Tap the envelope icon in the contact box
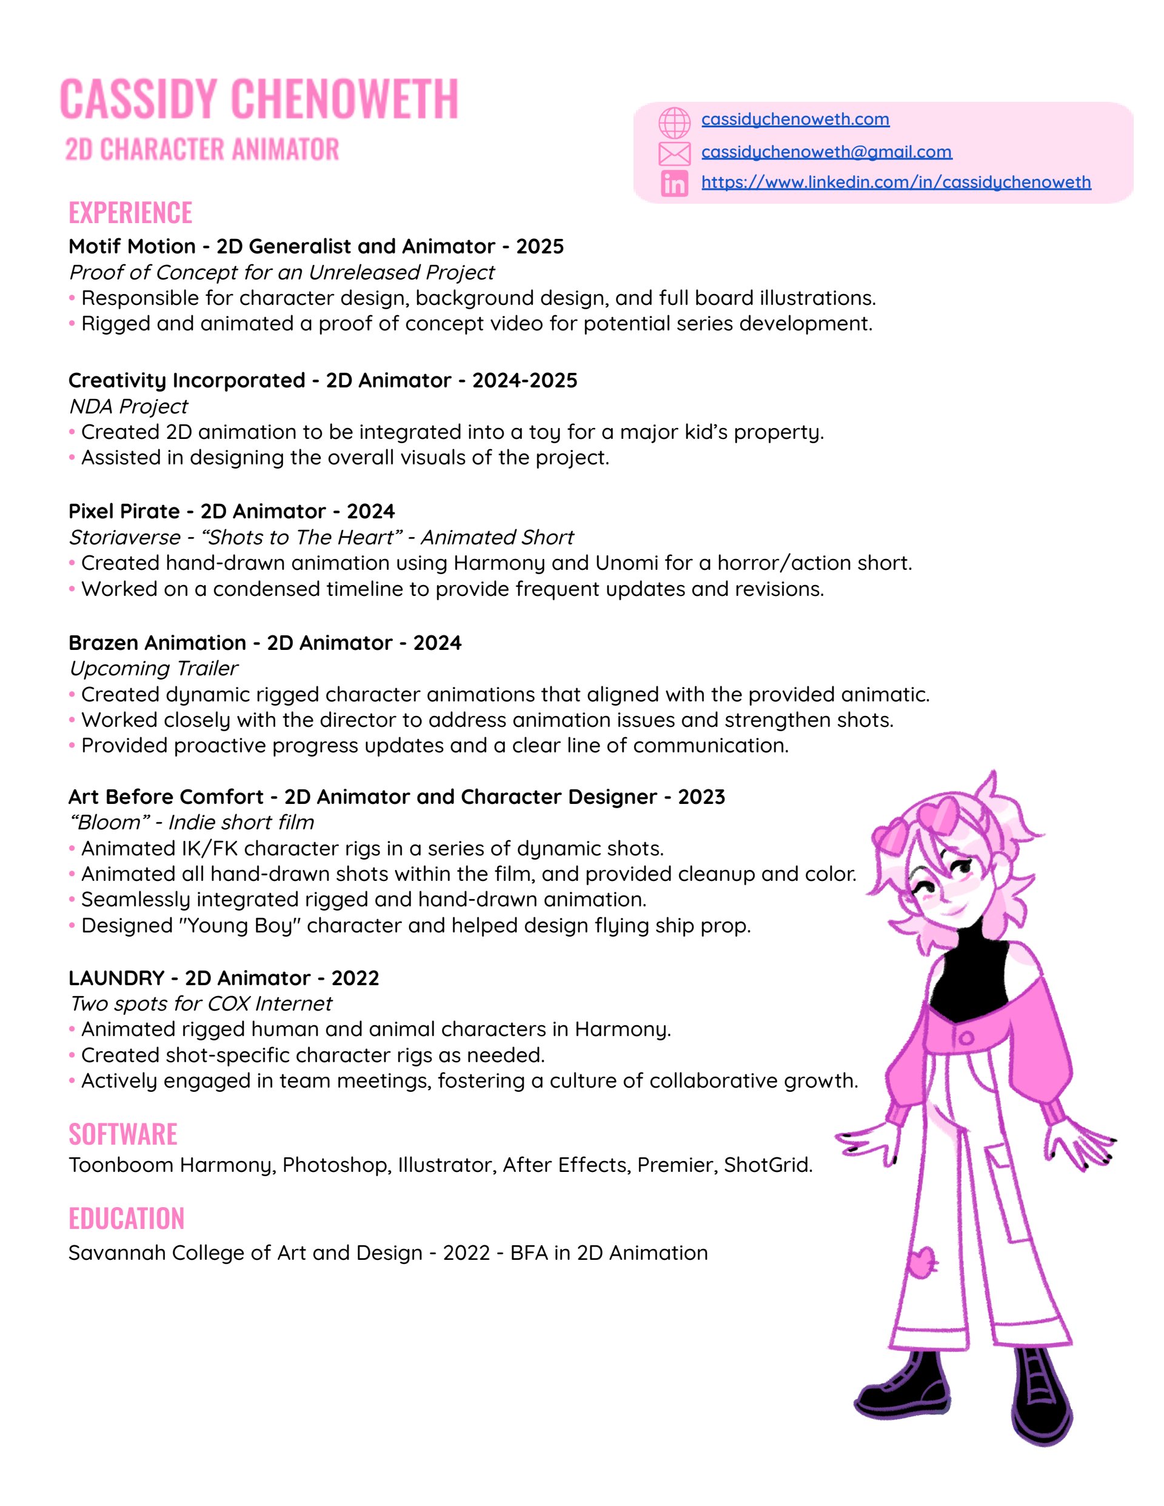[674, 153]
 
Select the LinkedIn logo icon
[674, 184]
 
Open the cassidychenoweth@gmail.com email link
[826, 152]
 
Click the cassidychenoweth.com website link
[795, 119]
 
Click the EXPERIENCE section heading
[130, 212]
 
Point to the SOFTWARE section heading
[122, 1134]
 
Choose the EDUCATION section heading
[126, 1219]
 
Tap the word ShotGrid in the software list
[766, 1165]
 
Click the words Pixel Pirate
[124, 511]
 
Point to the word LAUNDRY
[116, 978]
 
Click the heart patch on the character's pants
[922, 1262]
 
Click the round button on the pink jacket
[966, 1038]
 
